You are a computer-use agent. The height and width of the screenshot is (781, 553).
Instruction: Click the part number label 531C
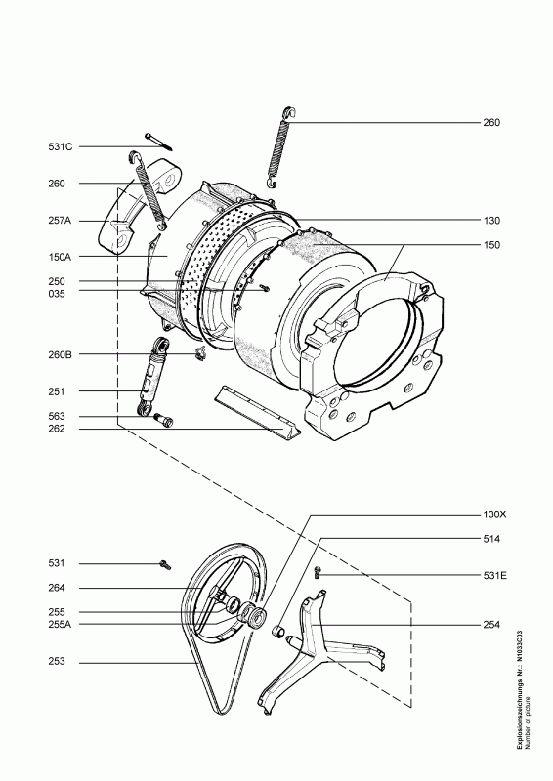coord(61,146)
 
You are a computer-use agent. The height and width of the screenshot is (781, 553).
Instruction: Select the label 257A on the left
coord(61,220)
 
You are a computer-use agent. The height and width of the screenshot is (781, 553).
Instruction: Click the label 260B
coord(61,354)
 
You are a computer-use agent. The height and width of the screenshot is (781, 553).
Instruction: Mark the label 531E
coord(496,576)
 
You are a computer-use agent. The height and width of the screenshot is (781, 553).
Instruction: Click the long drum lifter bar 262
coord(252,410)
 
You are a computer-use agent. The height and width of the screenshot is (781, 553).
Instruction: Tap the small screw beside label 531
coord(164,563)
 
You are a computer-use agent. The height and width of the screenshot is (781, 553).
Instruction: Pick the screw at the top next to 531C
coord(156,140)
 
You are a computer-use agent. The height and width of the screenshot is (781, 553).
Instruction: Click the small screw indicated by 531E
coord(319,574)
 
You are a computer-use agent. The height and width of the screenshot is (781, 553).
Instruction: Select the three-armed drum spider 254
coord(311,649)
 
